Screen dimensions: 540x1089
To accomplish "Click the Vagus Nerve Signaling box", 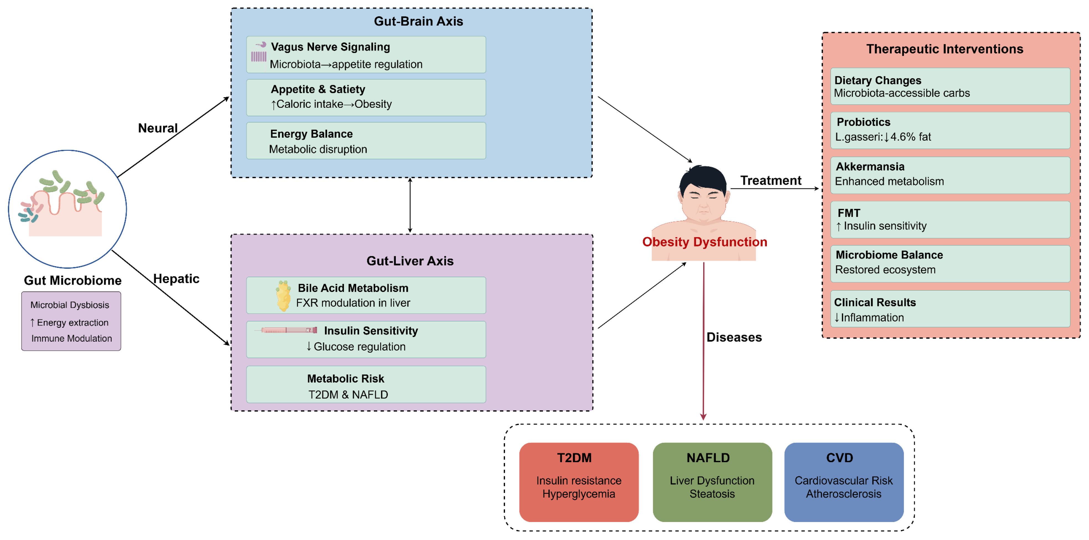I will (366, 55).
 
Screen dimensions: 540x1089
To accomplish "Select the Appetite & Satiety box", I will (366, 97).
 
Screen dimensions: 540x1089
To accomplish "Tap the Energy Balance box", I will (366, 141).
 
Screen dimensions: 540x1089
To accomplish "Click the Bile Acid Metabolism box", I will (366, 295).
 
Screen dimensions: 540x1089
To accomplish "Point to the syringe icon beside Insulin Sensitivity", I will (287, 330).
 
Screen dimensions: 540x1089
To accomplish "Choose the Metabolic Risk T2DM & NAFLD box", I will (366, 385).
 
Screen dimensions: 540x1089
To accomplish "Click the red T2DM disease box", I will (578, 482).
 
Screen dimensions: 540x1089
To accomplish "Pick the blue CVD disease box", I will (843, 482).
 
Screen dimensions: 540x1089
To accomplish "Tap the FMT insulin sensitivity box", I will (950, 219).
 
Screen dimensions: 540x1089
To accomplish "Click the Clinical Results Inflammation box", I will (950, 309).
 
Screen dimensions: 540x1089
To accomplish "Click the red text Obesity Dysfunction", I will (704, 242).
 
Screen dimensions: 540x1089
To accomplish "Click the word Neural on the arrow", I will (158, 128).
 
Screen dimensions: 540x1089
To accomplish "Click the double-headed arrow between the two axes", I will (410, 206).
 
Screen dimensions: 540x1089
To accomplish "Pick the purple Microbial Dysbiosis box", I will (71, 321).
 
